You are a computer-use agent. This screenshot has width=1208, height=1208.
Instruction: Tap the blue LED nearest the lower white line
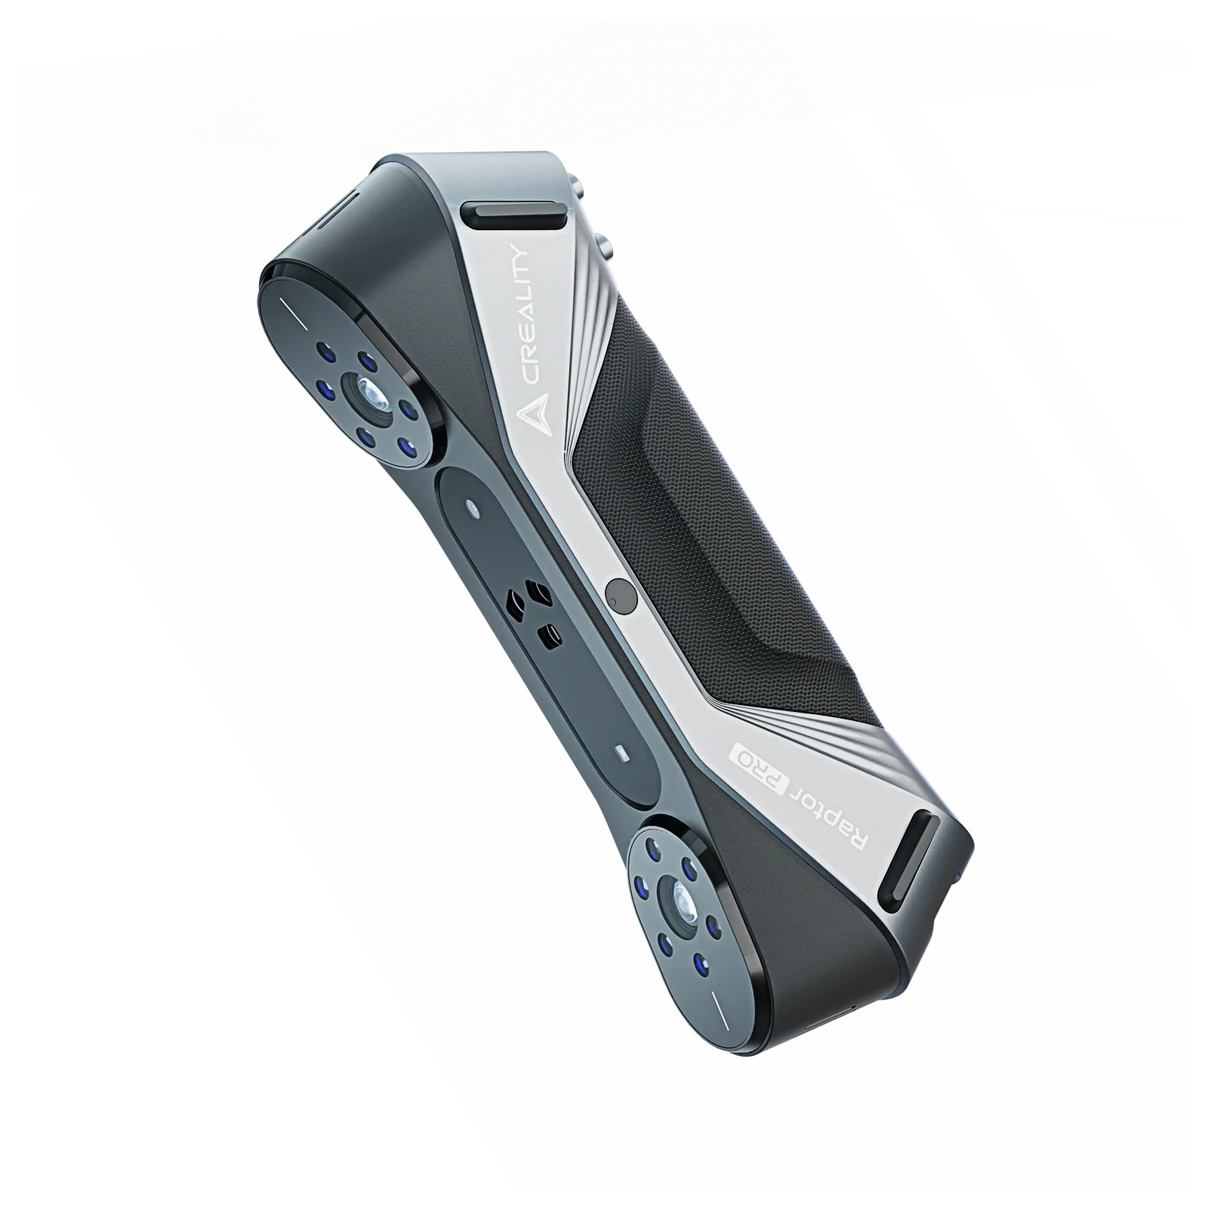[x=701, y=962]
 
